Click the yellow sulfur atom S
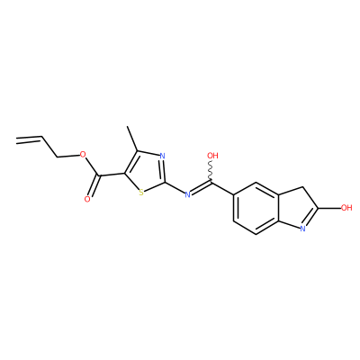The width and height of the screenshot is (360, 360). pos(141,193)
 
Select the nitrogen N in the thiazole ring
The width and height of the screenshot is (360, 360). pos(162,156)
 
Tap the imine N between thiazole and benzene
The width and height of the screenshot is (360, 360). pos(188,194)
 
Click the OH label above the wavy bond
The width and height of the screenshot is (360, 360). pos(212,156)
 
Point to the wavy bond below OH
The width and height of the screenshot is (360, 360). pos(211,171)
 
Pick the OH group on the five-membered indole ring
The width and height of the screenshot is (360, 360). pos(346,208)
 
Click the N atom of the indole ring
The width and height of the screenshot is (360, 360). pos(302,229)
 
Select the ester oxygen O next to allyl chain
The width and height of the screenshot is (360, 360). pos(83,155)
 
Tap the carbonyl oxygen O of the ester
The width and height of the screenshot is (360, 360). pos(87,199)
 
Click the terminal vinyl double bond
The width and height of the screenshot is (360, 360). pos(29,139)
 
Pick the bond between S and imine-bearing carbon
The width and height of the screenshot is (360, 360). pos(155,186)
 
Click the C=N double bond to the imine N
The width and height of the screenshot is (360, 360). pos(201,187)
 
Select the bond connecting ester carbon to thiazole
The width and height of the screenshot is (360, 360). pos(112,175)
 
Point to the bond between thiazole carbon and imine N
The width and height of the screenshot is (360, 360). pos(175,187)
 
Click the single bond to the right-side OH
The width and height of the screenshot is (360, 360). pos(329,208)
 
